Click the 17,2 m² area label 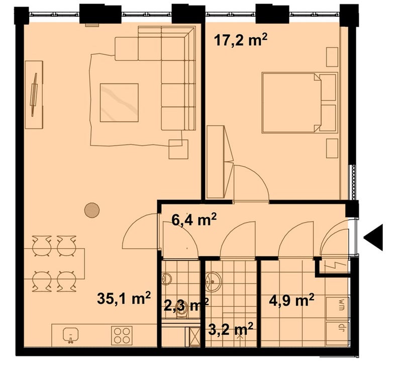coord(241,40)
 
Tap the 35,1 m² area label coord(124,298)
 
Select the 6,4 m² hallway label coord(194,219)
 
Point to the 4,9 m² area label coord(291,300)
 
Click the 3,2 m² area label coord(231,329)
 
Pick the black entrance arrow coord(373,238)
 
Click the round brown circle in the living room coord(92,210)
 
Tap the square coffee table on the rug coord(119,103)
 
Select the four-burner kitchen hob coord(122,335)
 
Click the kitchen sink coord(71,335)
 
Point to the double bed coord(299,103)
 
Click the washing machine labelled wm coord(338,308)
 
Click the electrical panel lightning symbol coord(335,265)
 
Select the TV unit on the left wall coord(34,95)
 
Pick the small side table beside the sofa coord(178,149)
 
